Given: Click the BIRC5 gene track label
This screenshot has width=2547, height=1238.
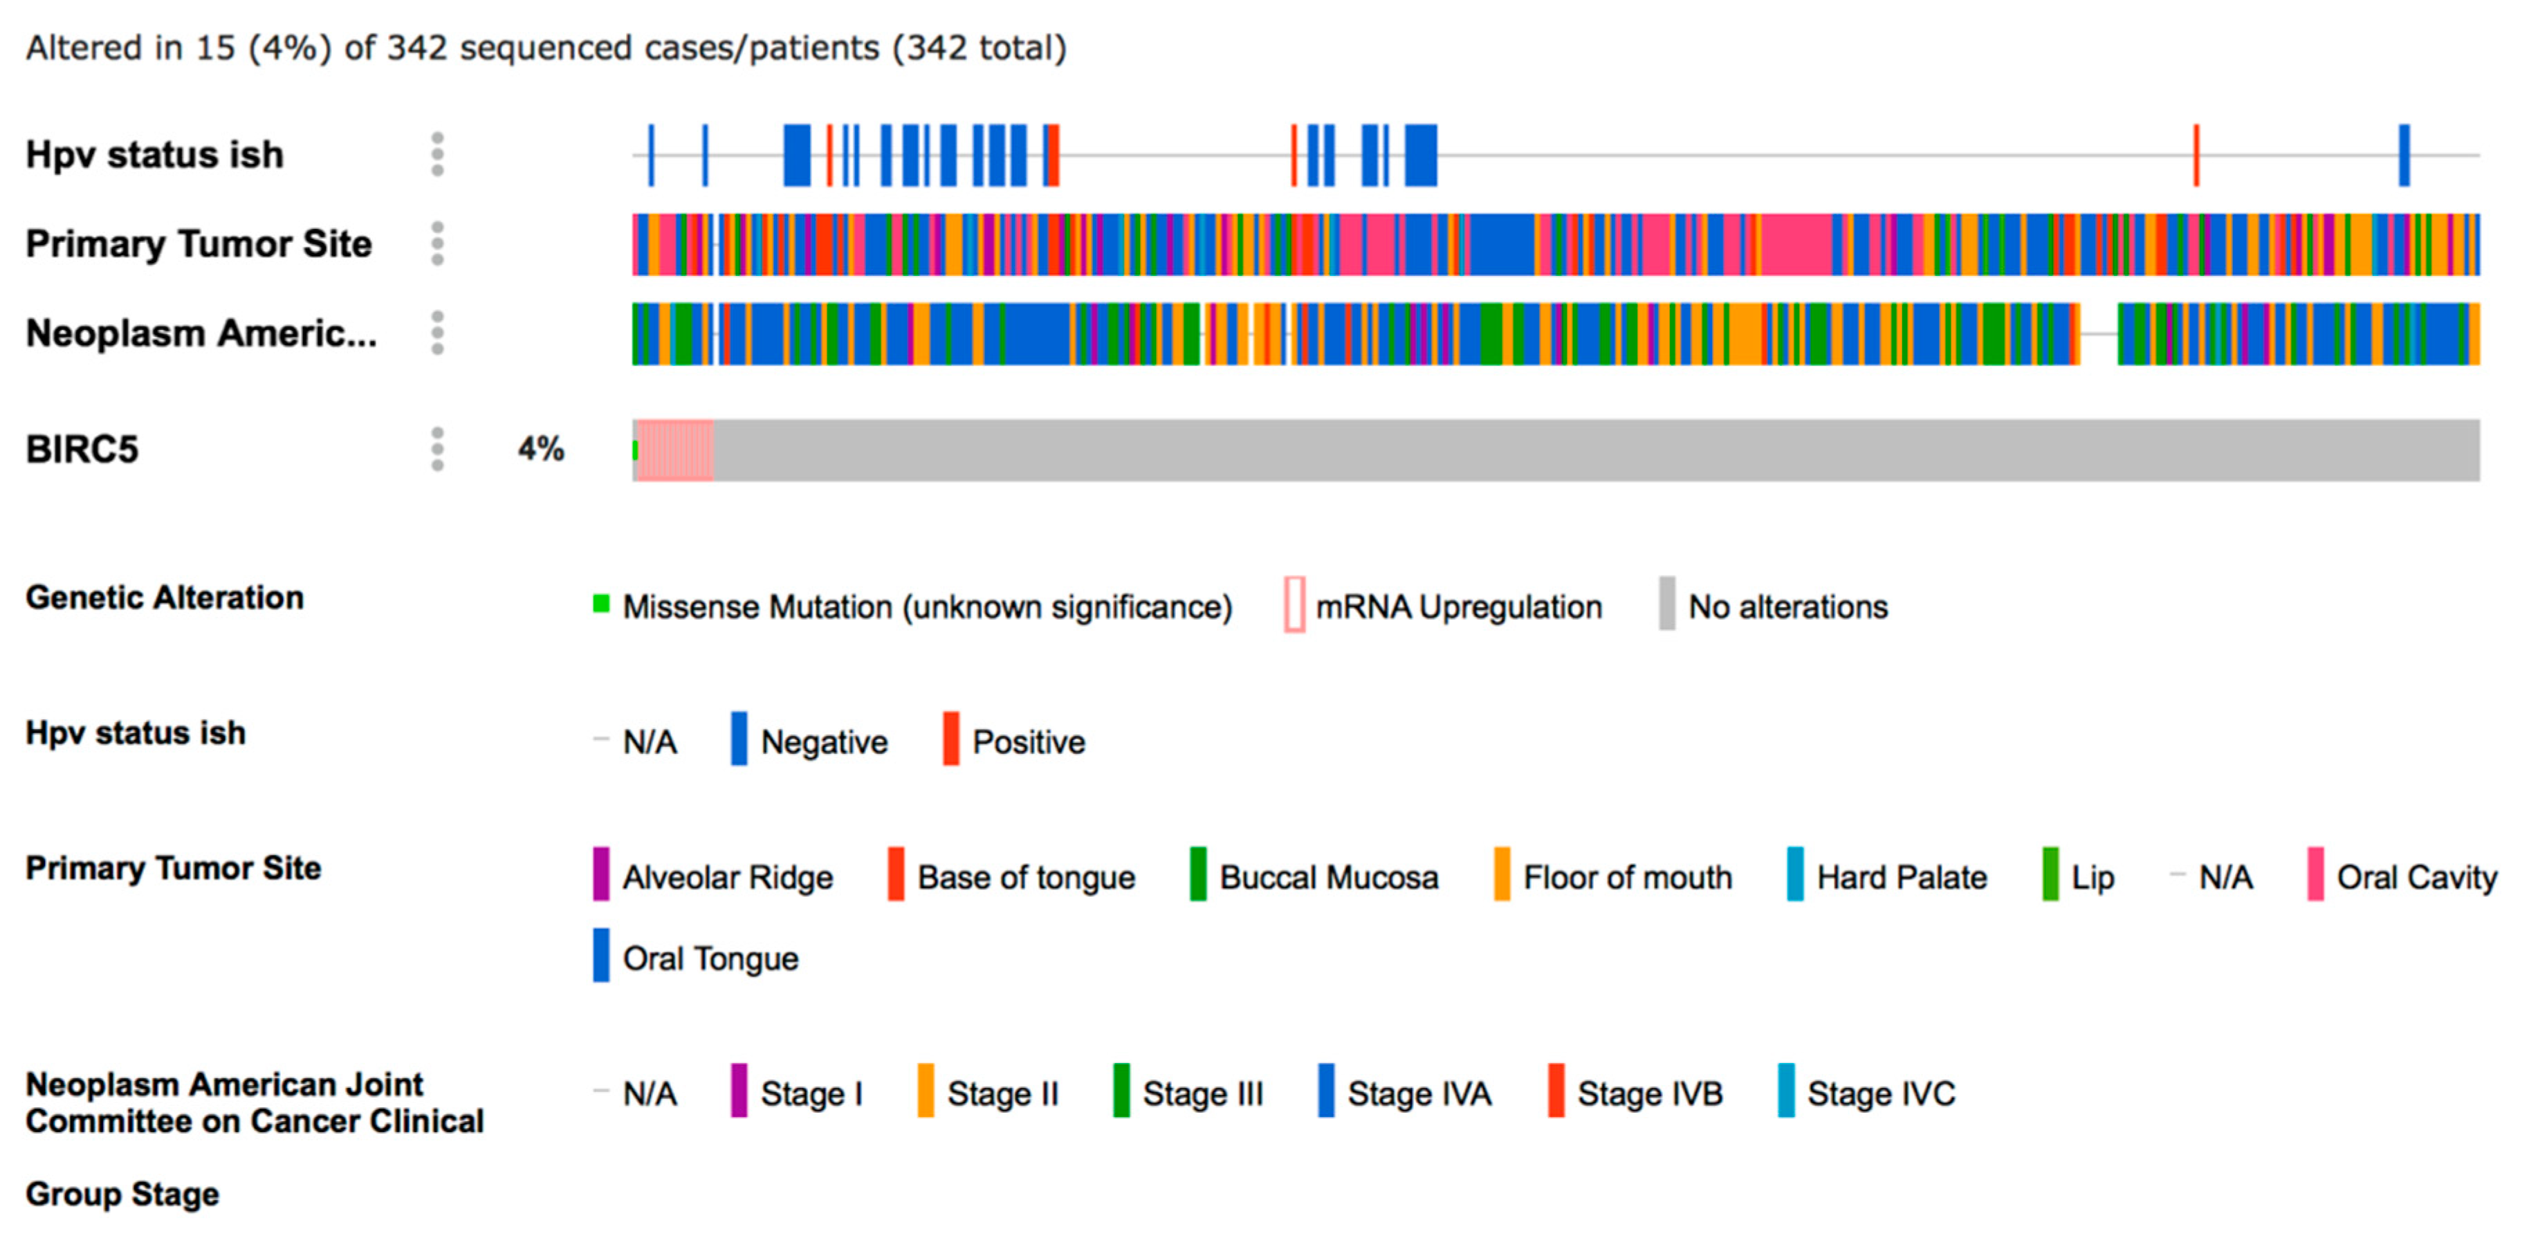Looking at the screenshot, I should point(82,450).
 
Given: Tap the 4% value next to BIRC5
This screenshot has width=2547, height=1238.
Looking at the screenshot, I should point(541,450).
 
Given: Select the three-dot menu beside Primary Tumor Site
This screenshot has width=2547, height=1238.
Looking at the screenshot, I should point(437,244).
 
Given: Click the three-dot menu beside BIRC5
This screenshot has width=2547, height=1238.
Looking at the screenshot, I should point(437,450).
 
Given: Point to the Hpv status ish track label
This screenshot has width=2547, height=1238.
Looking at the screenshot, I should point(154,155).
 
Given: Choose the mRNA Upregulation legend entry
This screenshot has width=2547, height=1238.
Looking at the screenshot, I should point(1458,606).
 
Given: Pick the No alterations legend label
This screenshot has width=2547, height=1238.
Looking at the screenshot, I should point(1787,606).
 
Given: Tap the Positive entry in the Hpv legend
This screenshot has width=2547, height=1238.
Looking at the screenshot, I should point(1029,741).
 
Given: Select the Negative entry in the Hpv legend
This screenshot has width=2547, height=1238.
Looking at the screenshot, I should point(824,741).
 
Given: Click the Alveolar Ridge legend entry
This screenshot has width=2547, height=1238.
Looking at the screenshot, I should point(727,877).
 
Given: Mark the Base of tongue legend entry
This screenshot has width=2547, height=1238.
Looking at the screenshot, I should point(1025,877).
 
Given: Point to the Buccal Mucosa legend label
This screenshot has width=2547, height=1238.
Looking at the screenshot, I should point(1329,877).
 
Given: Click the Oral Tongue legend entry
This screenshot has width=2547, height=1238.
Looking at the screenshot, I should point(710,958).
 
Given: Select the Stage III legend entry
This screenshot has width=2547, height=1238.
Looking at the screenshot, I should point(1202,1093).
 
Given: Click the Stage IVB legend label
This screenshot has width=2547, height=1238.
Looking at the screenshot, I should point(1649,1093).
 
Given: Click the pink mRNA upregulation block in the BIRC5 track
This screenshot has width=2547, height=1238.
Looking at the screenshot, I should point(675,450).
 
